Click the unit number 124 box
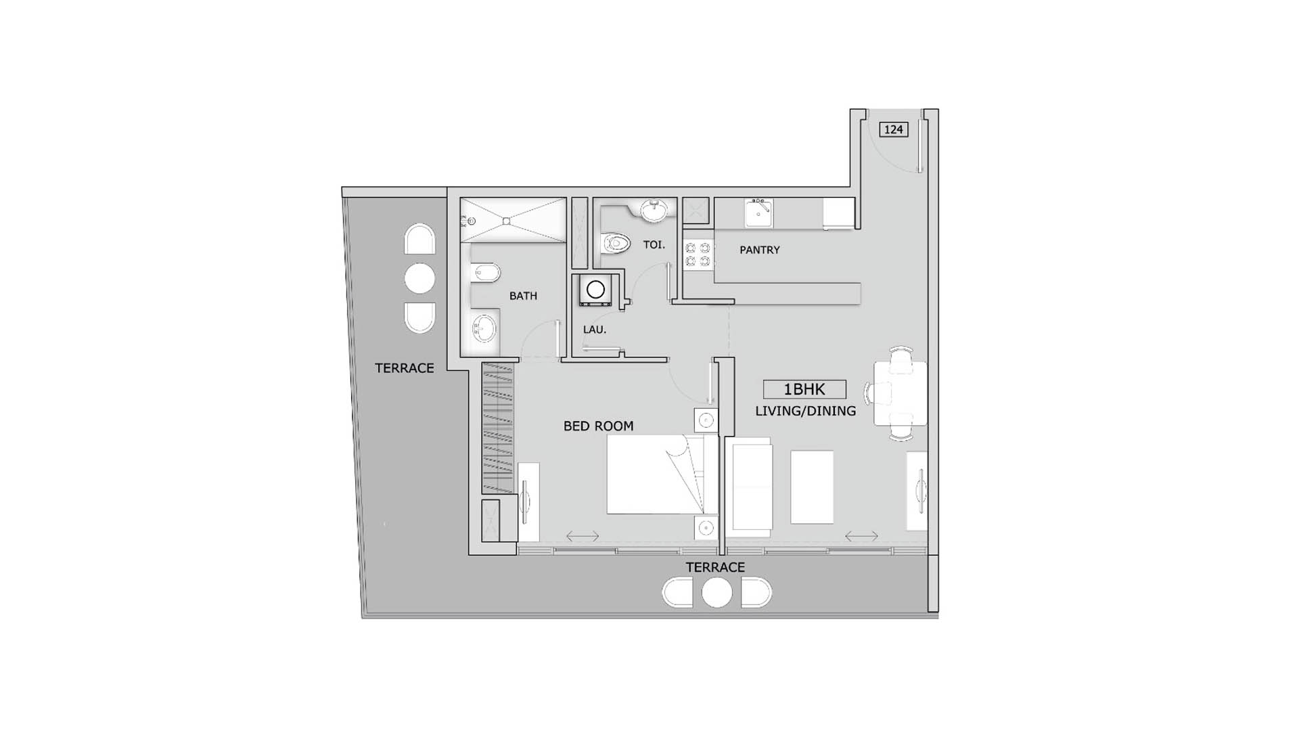coord(893,129)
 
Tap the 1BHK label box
coord(804,389)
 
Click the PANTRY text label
coord(759,250)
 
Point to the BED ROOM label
coord(598,426)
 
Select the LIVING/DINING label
coord(805,411)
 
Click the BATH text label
coord(523,296)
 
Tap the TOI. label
coord(654,244)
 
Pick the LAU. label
coord(595,330)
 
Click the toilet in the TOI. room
coord(615,242)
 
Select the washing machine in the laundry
coord(595,290)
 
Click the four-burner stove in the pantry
coord(698,254)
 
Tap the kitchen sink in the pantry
coord(758,213)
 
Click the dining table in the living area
coord(900,393)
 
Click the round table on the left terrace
coord(419,278)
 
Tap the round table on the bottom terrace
coord(716,593)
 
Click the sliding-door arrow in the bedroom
coord(583,536)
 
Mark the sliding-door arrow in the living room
coord(861,536)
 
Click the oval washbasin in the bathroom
coord(484,330)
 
